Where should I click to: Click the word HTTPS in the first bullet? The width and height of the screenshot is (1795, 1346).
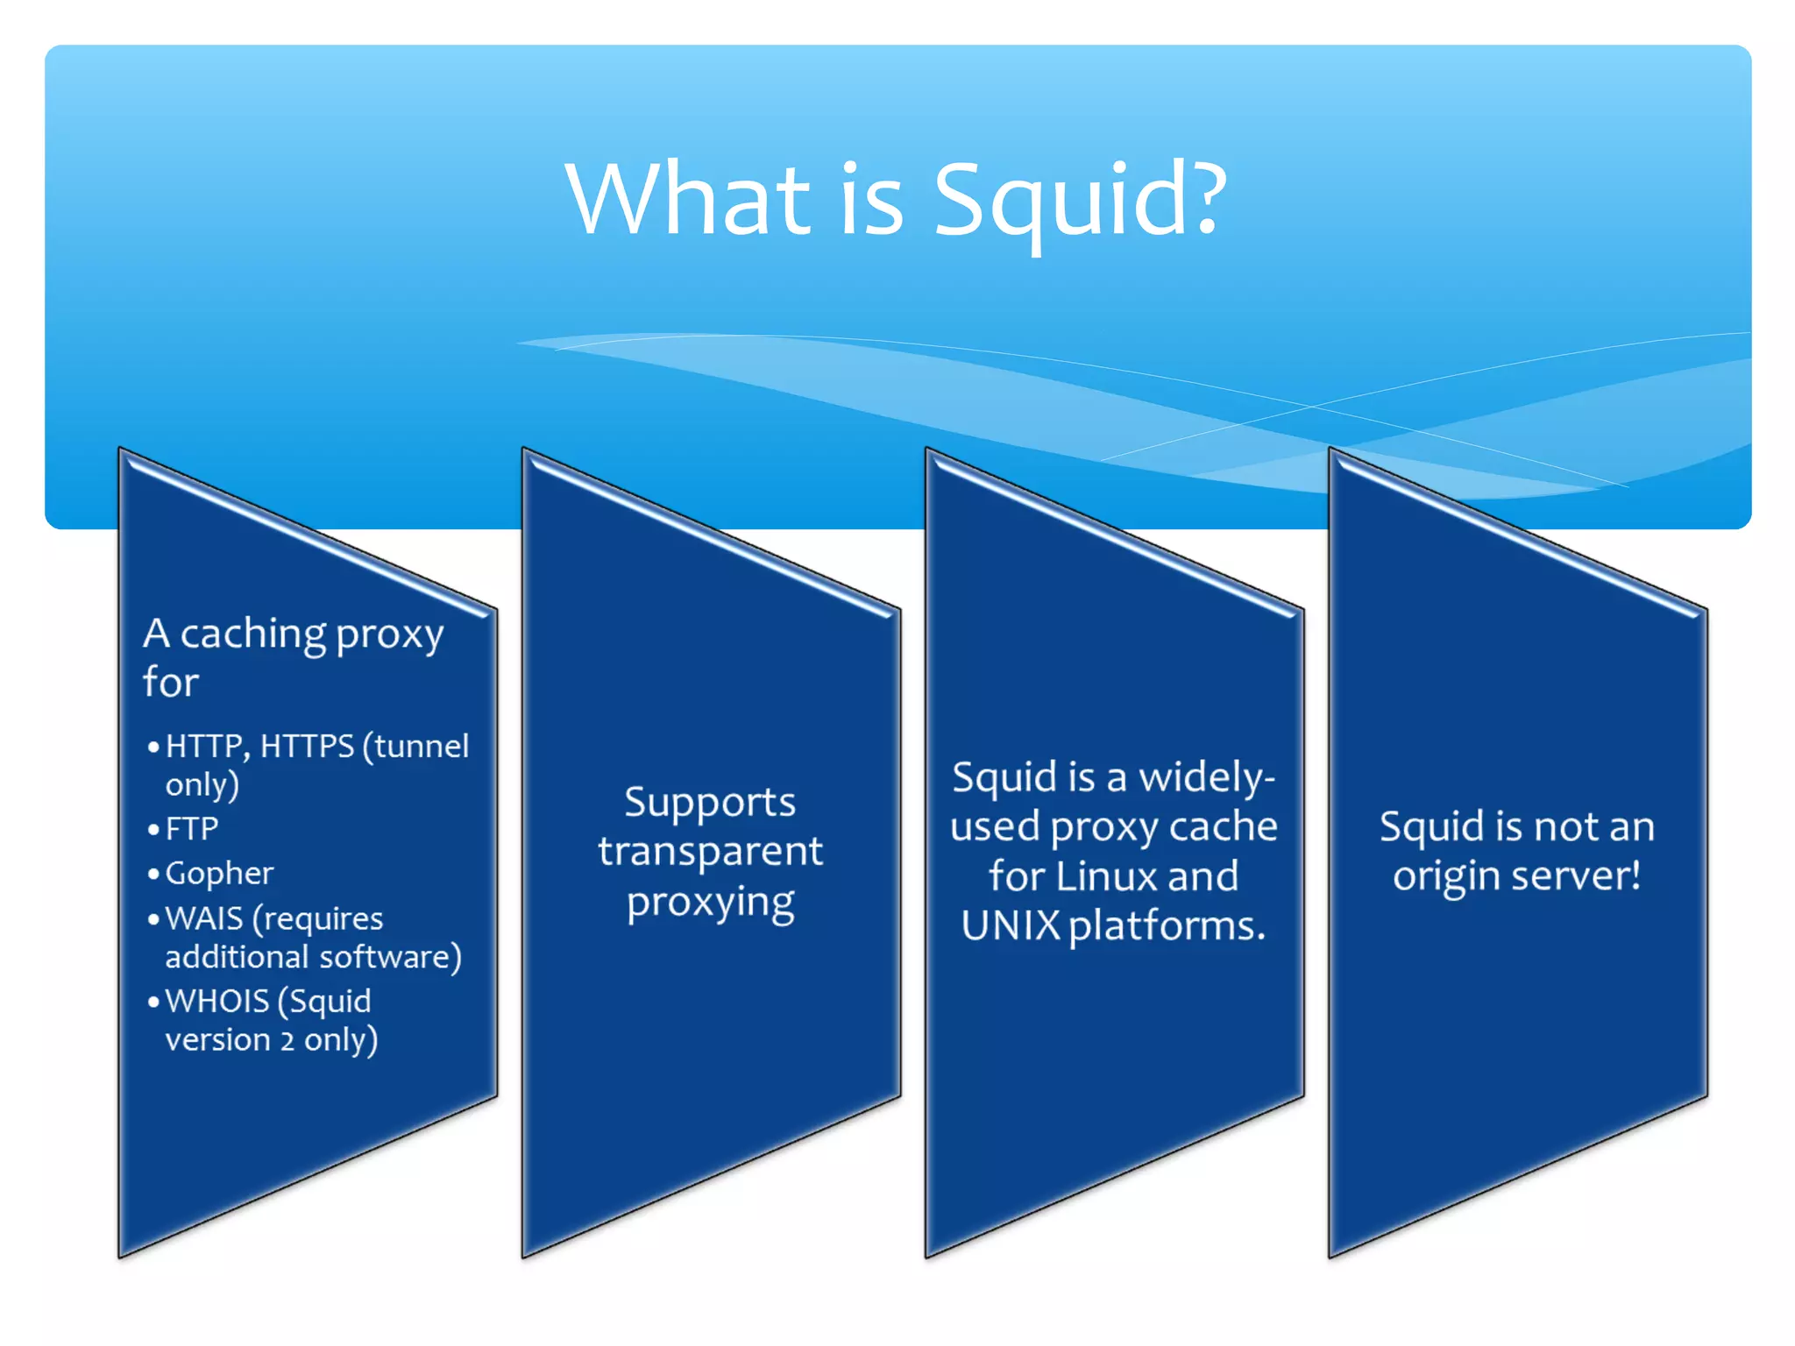click(307, 747)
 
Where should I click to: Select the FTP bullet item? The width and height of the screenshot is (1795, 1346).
click(191, 829)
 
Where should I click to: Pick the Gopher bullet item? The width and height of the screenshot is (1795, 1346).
click(219, 874)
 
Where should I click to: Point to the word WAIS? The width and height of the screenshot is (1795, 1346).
click(203, 918)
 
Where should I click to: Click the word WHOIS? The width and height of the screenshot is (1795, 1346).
click(216, 1001)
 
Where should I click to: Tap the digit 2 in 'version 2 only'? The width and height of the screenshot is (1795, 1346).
click(287, 1040)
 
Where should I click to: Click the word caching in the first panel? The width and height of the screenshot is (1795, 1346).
click(252, 634)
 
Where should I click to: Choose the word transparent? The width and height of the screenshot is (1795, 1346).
click(710, 852)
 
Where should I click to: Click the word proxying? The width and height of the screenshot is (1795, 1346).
click(710, 903)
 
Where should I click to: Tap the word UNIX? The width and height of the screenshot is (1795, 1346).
click(1011, 925)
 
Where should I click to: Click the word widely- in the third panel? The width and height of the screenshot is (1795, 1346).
click(1207, 777)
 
